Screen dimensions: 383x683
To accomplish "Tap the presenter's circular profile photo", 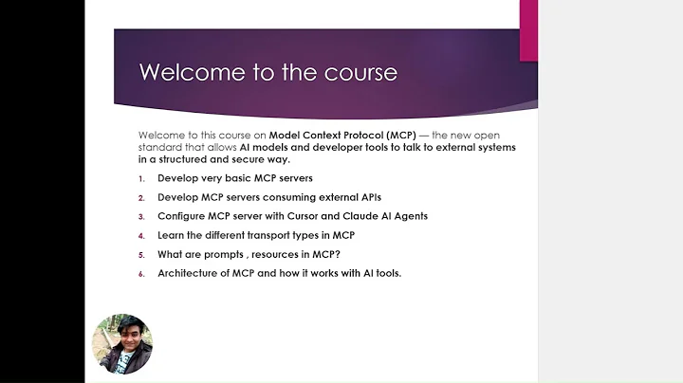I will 121,344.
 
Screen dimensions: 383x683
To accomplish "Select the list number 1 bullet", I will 141,178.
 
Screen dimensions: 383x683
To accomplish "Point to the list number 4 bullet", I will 141,235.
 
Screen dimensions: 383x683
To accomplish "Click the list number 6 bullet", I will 141,273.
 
